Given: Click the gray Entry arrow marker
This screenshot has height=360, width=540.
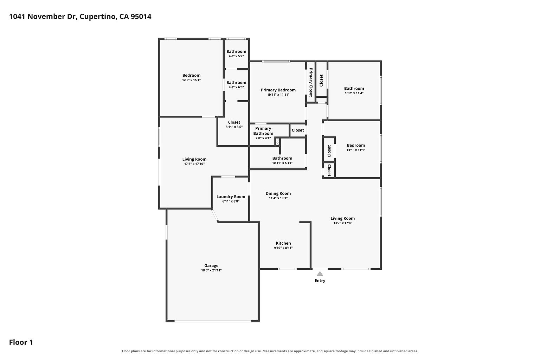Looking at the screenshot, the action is point(320,274).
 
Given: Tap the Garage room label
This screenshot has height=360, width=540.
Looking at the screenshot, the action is point(211,266).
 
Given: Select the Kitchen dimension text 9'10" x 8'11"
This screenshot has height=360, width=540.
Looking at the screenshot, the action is point(283,248).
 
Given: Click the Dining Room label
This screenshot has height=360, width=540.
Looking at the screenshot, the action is point(278,193).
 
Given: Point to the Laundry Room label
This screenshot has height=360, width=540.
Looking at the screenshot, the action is point(231,197).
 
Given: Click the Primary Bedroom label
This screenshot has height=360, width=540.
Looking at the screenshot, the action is point(278,90).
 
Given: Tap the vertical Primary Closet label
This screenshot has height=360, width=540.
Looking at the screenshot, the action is point(311,82).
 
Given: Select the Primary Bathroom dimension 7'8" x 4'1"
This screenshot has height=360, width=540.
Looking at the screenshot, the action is point(263,138).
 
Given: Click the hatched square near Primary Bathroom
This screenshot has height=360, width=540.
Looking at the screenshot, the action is point(277,142).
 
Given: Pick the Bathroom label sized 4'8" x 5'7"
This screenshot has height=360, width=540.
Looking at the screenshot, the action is point(236,51).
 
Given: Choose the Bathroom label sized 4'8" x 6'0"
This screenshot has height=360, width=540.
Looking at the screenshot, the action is point(236,83).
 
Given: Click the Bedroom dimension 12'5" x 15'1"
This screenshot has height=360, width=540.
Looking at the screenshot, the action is point(191,80).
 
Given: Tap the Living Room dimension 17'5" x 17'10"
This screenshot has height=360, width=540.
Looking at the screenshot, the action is point(194,164).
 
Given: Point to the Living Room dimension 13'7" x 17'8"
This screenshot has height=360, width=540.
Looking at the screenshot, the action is point(342,223).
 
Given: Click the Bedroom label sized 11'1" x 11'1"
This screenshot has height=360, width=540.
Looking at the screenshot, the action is point(356,146).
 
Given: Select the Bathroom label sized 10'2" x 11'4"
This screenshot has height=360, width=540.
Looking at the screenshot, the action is point(354,89).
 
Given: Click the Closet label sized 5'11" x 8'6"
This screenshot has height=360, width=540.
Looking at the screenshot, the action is point(234,122).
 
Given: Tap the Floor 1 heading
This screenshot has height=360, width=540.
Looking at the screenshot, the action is point(21,342).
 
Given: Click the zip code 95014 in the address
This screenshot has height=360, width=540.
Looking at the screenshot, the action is point(141,17).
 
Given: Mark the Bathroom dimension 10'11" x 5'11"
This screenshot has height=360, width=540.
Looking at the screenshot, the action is point(282,163).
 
